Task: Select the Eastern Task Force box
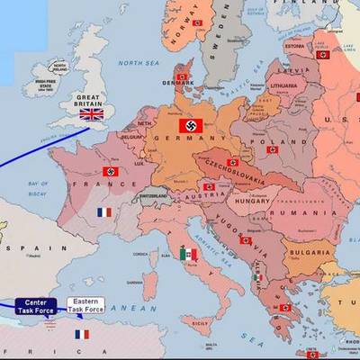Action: (83, 306)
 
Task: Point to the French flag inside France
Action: (104, 212)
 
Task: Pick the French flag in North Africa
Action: (83, 334)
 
